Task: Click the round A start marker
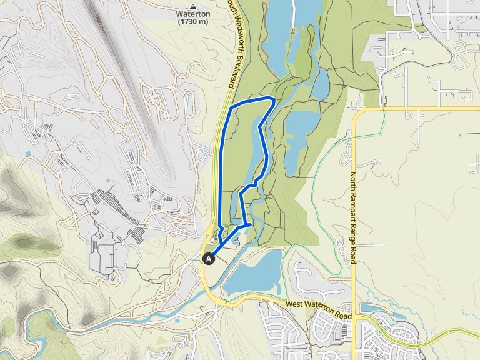209,257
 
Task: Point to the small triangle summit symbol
192,5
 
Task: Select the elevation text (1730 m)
192,22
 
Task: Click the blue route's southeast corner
251,224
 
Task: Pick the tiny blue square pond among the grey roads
27,154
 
